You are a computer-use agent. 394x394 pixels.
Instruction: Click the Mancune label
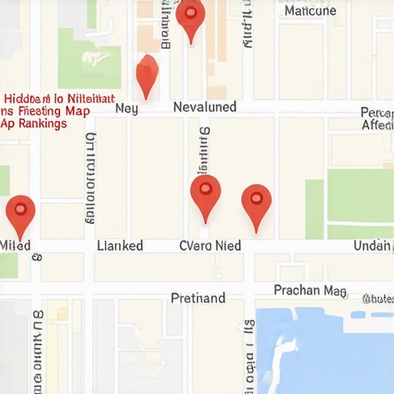point(310,11)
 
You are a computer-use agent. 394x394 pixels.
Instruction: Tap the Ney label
point(126,109)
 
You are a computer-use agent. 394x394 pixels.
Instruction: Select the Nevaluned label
point(205,107)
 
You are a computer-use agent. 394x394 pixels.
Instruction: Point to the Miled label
point(15,245)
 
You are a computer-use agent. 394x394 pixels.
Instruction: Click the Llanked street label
point(120,245)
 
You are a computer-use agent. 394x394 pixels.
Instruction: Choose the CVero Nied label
point(210,245)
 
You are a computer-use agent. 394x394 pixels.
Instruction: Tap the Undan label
point(373,245)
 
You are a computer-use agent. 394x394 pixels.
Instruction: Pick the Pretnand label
point(198,298)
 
